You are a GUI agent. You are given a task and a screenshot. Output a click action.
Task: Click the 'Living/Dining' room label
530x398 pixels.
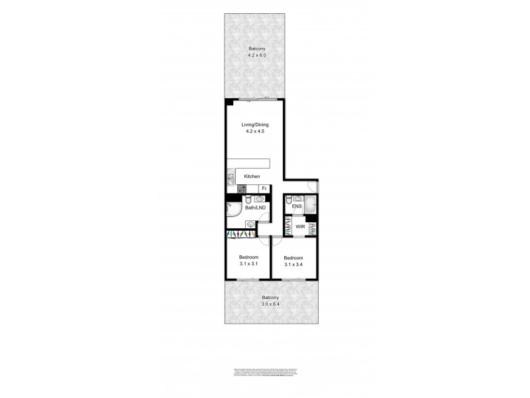253,124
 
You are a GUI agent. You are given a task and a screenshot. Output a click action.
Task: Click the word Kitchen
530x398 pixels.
252,176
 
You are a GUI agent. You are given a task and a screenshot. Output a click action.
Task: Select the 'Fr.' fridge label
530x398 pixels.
264,189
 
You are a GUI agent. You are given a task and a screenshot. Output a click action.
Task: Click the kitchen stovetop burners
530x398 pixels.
233,189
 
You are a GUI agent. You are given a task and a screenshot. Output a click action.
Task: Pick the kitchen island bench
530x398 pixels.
249,164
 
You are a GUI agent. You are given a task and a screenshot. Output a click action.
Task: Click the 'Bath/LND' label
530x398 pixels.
255,208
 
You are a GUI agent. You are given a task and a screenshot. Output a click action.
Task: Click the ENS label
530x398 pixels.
297,207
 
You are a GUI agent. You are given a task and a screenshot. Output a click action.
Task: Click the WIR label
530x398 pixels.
299,226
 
